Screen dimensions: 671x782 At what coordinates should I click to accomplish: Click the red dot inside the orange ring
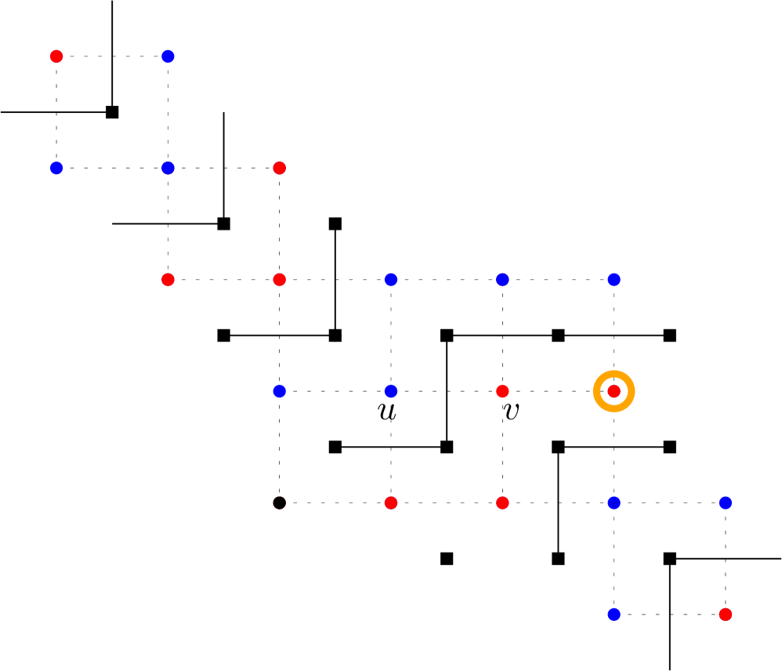(x=614, y=391)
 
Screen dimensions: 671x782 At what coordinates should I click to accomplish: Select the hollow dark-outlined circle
(x=280, y=502)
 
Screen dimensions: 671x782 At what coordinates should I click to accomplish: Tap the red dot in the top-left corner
(x=56, y=56)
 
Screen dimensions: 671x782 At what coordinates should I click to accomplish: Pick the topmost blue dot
(x=168, y=56)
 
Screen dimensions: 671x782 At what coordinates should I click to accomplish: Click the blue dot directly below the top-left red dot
(x=56, y=168)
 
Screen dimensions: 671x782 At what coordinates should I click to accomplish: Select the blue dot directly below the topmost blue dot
(x=168, y=168)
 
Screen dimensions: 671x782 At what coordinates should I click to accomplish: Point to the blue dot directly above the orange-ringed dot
(x=614, y=280)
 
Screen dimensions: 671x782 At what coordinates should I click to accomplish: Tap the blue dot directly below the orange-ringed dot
(x=614, y=502)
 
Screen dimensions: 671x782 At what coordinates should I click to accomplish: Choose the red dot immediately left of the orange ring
(x=502, y=391)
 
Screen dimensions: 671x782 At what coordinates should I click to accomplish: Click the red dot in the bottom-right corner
(x=726, y=614)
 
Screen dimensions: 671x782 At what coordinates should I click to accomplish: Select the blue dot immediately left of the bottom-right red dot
(x=614, y=614)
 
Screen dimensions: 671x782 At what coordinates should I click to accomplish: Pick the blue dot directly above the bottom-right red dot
(x=726, y=502)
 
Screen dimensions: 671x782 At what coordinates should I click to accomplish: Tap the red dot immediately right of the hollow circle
(x=391, y=502)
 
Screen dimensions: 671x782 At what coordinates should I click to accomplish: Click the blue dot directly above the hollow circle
(x=280, y=391)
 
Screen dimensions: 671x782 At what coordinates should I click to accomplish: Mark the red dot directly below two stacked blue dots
(x=168, y=280)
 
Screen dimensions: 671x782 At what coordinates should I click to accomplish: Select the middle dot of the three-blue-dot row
(x=502, y=280)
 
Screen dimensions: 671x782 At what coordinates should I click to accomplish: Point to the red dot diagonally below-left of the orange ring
(x=502, y=502)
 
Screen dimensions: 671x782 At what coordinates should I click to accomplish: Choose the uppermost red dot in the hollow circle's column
(x=280, y=168)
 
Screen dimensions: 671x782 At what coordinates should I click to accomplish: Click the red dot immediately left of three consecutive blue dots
(x=280, y=280)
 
